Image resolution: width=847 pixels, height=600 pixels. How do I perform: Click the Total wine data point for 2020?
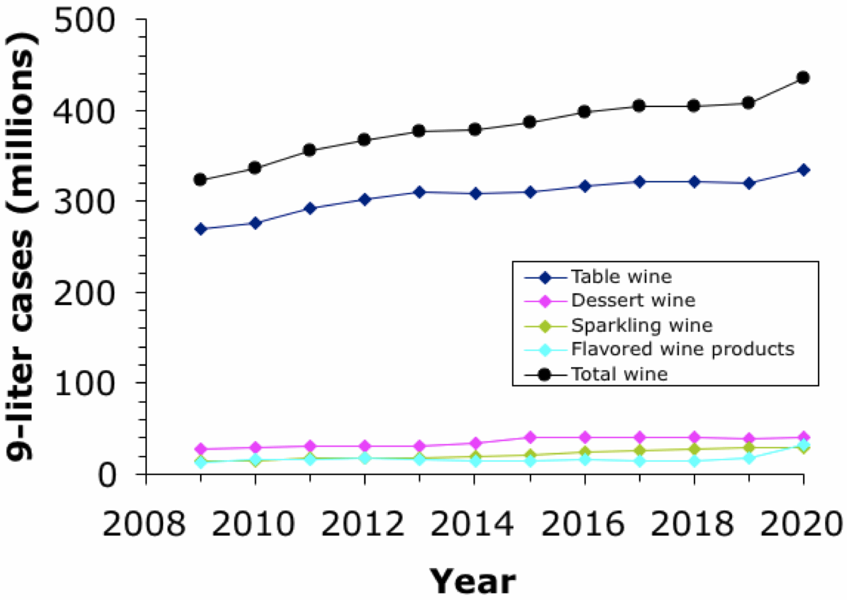[803, 77]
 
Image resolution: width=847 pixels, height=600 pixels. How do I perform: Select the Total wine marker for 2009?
[200, 180]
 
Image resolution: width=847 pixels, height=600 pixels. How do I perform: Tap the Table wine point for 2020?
[803, 170]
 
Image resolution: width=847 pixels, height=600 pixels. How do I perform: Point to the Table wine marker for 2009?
[200, 229]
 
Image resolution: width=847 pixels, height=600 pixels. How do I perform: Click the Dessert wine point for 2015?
[529, 437]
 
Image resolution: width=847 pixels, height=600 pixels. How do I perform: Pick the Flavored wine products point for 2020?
[803, 445]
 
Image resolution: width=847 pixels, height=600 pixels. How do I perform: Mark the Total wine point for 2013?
[419, 131]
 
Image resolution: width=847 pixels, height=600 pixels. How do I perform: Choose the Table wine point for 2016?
[584, 186]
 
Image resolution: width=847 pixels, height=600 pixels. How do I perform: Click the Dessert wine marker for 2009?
[200, 449]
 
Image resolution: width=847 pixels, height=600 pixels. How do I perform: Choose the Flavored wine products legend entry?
[682, 350]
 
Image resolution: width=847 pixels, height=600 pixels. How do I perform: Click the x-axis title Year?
[473, 581]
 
